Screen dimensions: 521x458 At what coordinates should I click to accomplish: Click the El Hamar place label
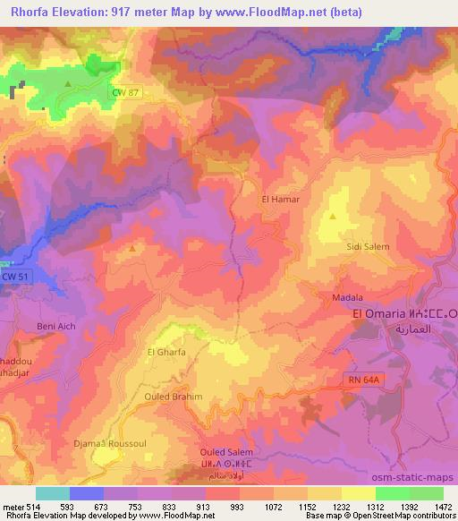(279, 200)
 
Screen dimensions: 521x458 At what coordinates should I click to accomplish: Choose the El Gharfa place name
(166, 353)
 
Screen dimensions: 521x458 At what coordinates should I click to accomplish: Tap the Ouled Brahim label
(174, 396)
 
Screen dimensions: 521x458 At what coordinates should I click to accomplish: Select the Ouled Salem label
(219, 452)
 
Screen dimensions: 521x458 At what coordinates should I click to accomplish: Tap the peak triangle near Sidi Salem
(333, 216)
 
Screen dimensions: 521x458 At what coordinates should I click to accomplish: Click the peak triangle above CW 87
(69, 83)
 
